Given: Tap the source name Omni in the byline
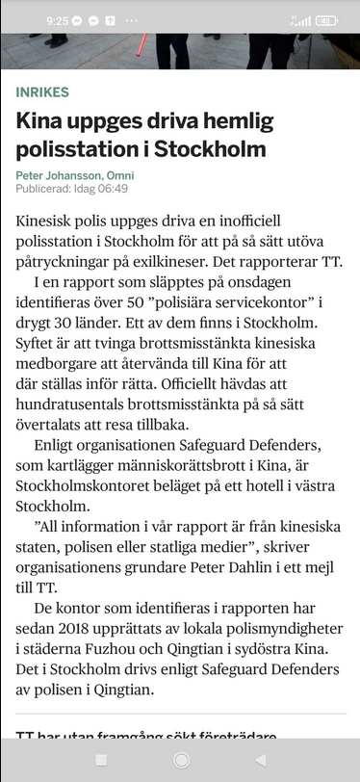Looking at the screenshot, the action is tap(121, 175).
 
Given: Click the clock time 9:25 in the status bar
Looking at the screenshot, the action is tap(57, 19).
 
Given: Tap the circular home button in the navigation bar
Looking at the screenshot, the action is tap(180, 761).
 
